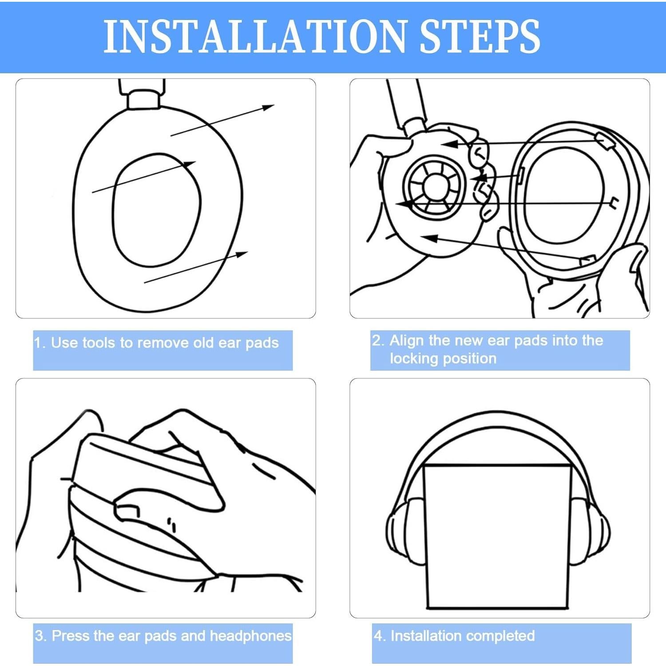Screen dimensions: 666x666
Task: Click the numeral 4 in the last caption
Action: [x=378, y=636]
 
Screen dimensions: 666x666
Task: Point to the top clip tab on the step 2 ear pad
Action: [x=606, y=140]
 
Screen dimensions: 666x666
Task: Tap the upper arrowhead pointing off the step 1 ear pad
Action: [x=268, y=107]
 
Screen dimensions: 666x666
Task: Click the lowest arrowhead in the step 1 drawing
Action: [x=242, y=254]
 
